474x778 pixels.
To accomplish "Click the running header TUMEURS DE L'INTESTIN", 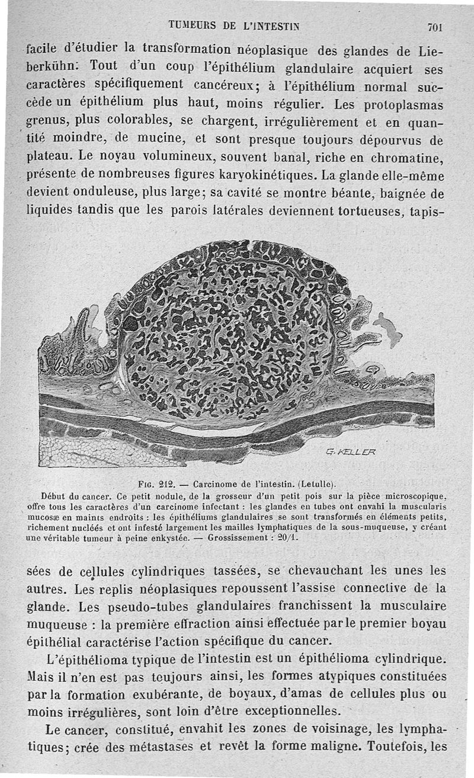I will [x=234, y=25].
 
